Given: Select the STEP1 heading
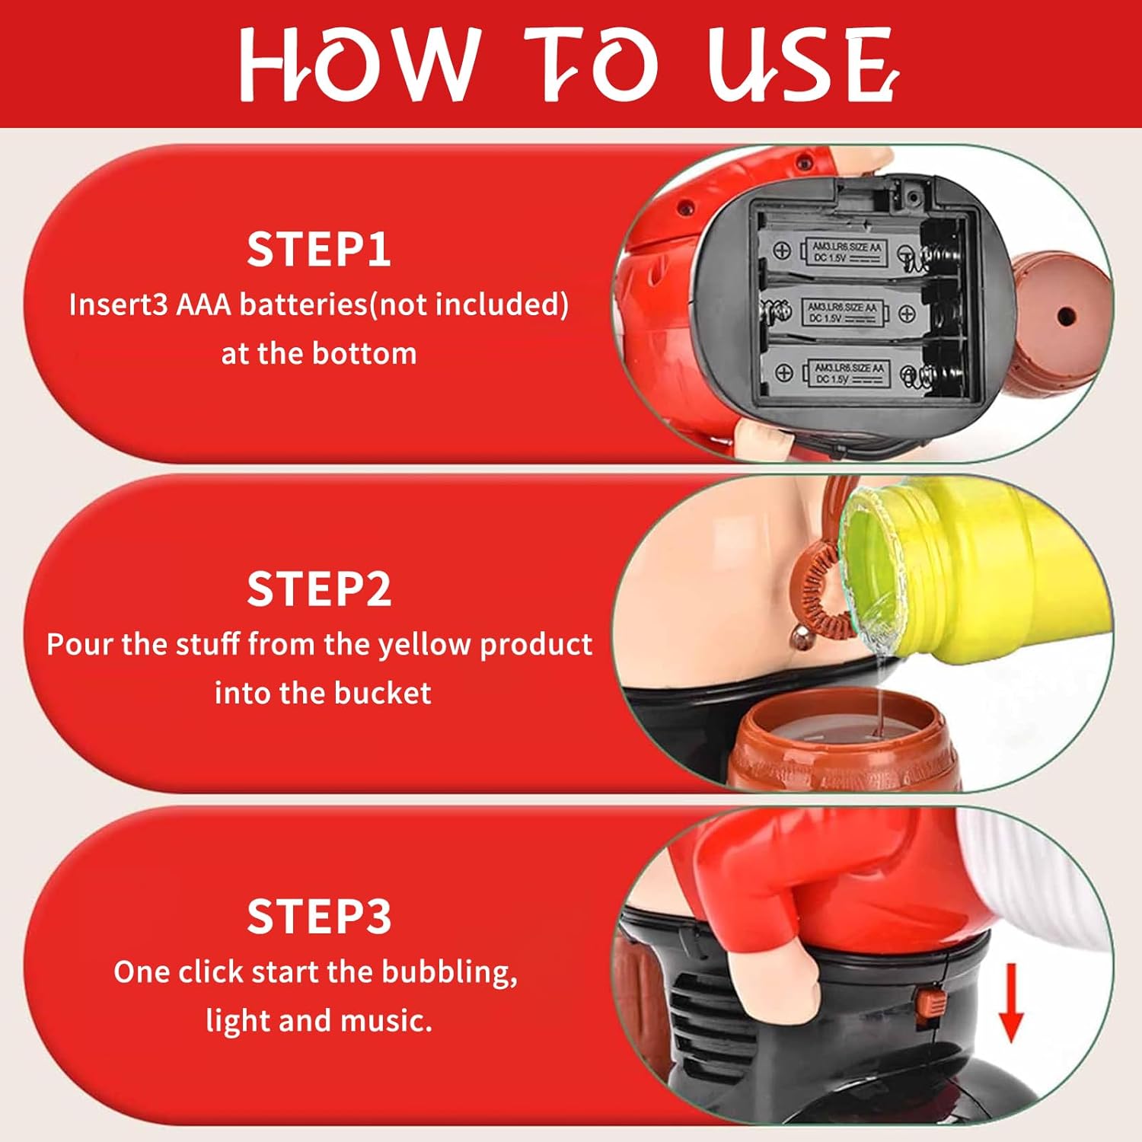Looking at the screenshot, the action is [x=319, y=249].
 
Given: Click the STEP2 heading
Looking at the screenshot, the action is [x=319, y=589].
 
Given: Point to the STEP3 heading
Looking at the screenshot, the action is [x=319, y=916].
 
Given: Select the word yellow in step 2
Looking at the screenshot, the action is [x=425, y=645].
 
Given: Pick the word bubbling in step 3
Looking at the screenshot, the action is [x=449, y=972].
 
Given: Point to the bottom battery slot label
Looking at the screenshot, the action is [x=849, y=373].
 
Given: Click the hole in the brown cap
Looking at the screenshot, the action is [x=1067, y=315].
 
